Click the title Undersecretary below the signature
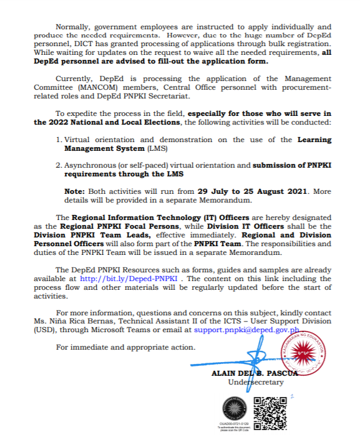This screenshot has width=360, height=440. coord(256,382)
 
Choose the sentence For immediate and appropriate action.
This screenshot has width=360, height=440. coord(125,346)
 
